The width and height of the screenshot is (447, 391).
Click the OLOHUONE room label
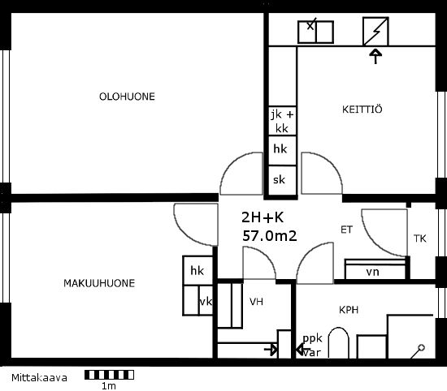(127, 97)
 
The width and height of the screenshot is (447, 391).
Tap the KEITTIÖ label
(362, 110)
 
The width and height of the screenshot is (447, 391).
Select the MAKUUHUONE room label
(99, 283)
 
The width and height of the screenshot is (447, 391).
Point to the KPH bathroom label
(349, 310)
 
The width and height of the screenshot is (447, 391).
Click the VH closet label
(256, 302)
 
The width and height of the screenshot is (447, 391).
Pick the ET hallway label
(347, 230)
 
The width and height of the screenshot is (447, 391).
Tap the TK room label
(420, 238)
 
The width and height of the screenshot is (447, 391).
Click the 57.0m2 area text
(269, 236)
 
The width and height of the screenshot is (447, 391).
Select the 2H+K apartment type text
(263, 217)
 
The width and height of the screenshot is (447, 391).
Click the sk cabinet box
(282, 180)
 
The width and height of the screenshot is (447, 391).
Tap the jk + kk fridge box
(282, 121)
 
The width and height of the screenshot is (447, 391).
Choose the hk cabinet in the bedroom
(197, 270)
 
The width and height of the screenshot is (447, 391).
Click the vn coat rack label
(372, 272)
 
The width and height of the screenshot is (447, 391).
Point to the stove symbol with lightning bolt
(375, 32)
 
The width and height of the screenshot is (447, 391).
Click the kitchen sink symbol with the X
(315, 32)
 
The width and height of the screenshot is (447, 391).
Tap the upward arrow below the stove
(375, 56)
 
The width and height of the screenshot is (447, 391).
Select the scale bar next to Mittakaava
(109, 375)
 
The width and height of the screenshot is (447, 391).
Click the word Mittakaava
(39, 378)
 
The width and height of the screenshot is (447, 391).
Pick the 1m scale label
(109, 386)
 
